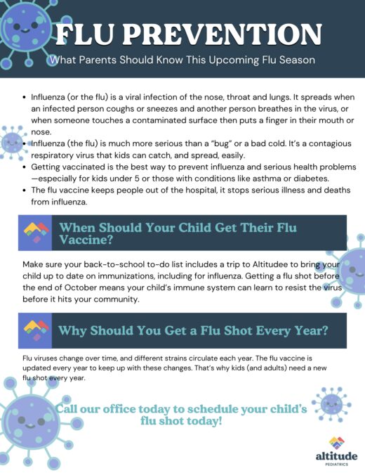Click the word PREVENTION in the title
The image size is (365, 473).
(223, 34)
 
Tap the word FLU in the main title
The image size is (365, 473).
(85, 34)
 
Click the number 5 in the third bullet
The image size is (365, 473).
(137, 179)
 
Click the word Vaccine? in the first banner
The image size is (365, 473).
(86, 240)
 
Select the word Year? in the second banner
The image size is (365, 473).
(312, 331)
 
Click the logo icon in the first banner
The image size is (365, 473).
(36, 232)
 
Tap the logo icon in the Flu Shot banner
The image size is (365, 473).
(36, 330)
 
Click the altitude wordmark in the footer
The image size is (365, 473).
(336, 456)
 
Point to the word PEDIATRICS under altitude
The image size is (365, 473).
(337, 465)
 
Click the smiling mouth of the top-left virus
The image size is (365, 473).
(25, 31)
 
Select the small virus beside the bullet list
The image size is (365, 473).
(13, 143)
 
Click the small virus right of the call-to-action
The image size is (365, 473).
(331, 404)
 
